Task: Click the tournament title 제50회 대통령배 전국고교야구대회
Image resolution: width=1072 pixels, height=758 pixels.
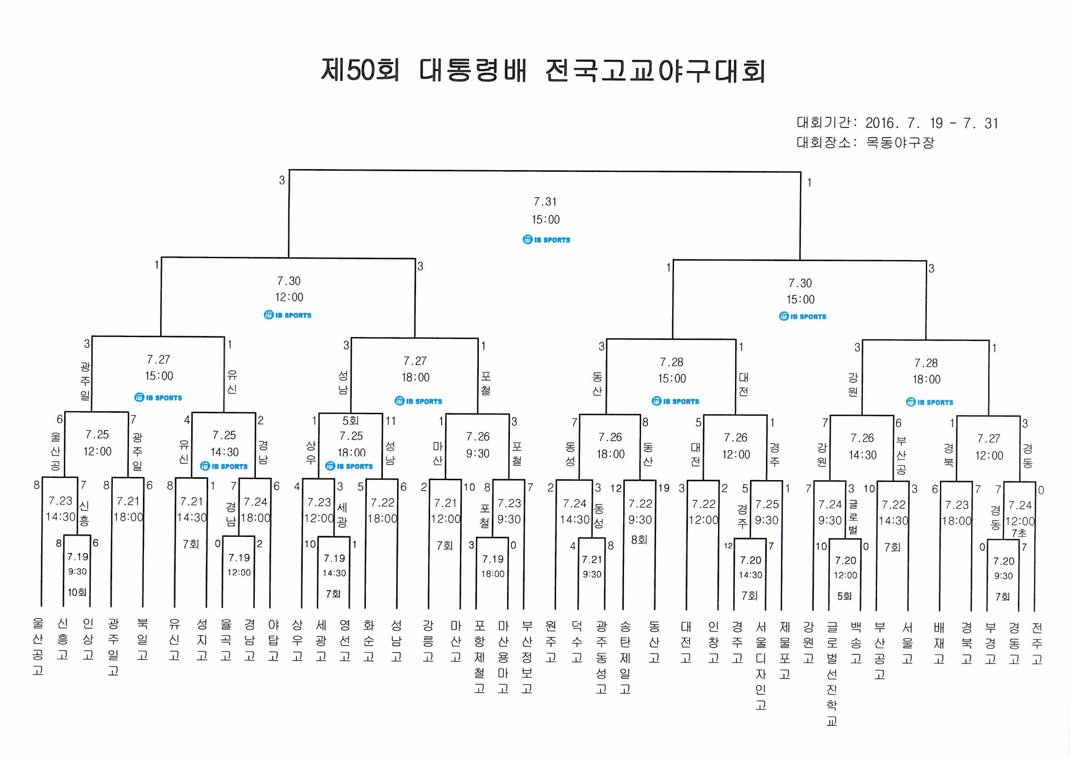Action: pyautogui.click(x=543, y=71)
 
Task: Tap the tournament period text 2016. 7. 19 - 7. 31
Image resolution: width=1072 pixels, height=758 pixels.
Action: pyautogui.click(x=931, y=123)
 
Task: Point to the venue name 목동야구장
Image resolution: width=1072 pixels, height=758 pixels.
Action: pyautogui.click(x=900, y=143)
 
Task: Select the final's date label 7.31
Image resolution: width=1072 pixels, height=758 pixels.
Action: pyautogui.click(x=545, y=202)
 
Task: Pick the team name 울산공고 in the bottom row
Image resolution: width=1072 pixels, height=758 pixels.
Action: pyautogui.click(x=38, y=647)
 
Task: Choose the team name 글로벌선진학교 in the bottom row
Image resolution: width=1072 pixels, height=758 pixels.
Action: pyautogui.click(x=832, y=673)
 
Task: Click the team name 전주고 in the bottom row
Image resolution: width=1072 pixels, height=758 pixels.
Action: pyautogui.click(x=1037, y=642)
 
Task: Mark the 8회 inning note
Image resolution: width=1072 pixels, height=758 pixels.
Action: pyautogui.click(x=639, y=540)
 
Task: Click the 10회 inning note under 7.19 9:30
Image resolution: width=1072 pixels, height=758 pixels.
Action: pyautogui.click(x=77, y=592)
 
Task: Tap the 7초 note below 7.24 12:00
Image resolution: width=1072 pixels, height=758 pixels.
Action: pyautogui.click(x=1019, y=533)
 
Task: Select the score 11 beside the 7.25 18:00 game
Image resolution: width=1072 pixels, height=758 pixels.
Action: pyautogui.click(x=390, y=421)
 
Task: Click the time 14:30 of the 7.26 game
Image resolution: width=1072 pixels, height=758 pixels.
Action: pyautogui.click(x=862, y=455)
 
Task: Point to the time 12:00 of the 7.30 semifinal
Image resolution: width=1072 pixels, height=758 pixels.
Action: pyautogui.click(x=289, y=298)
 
